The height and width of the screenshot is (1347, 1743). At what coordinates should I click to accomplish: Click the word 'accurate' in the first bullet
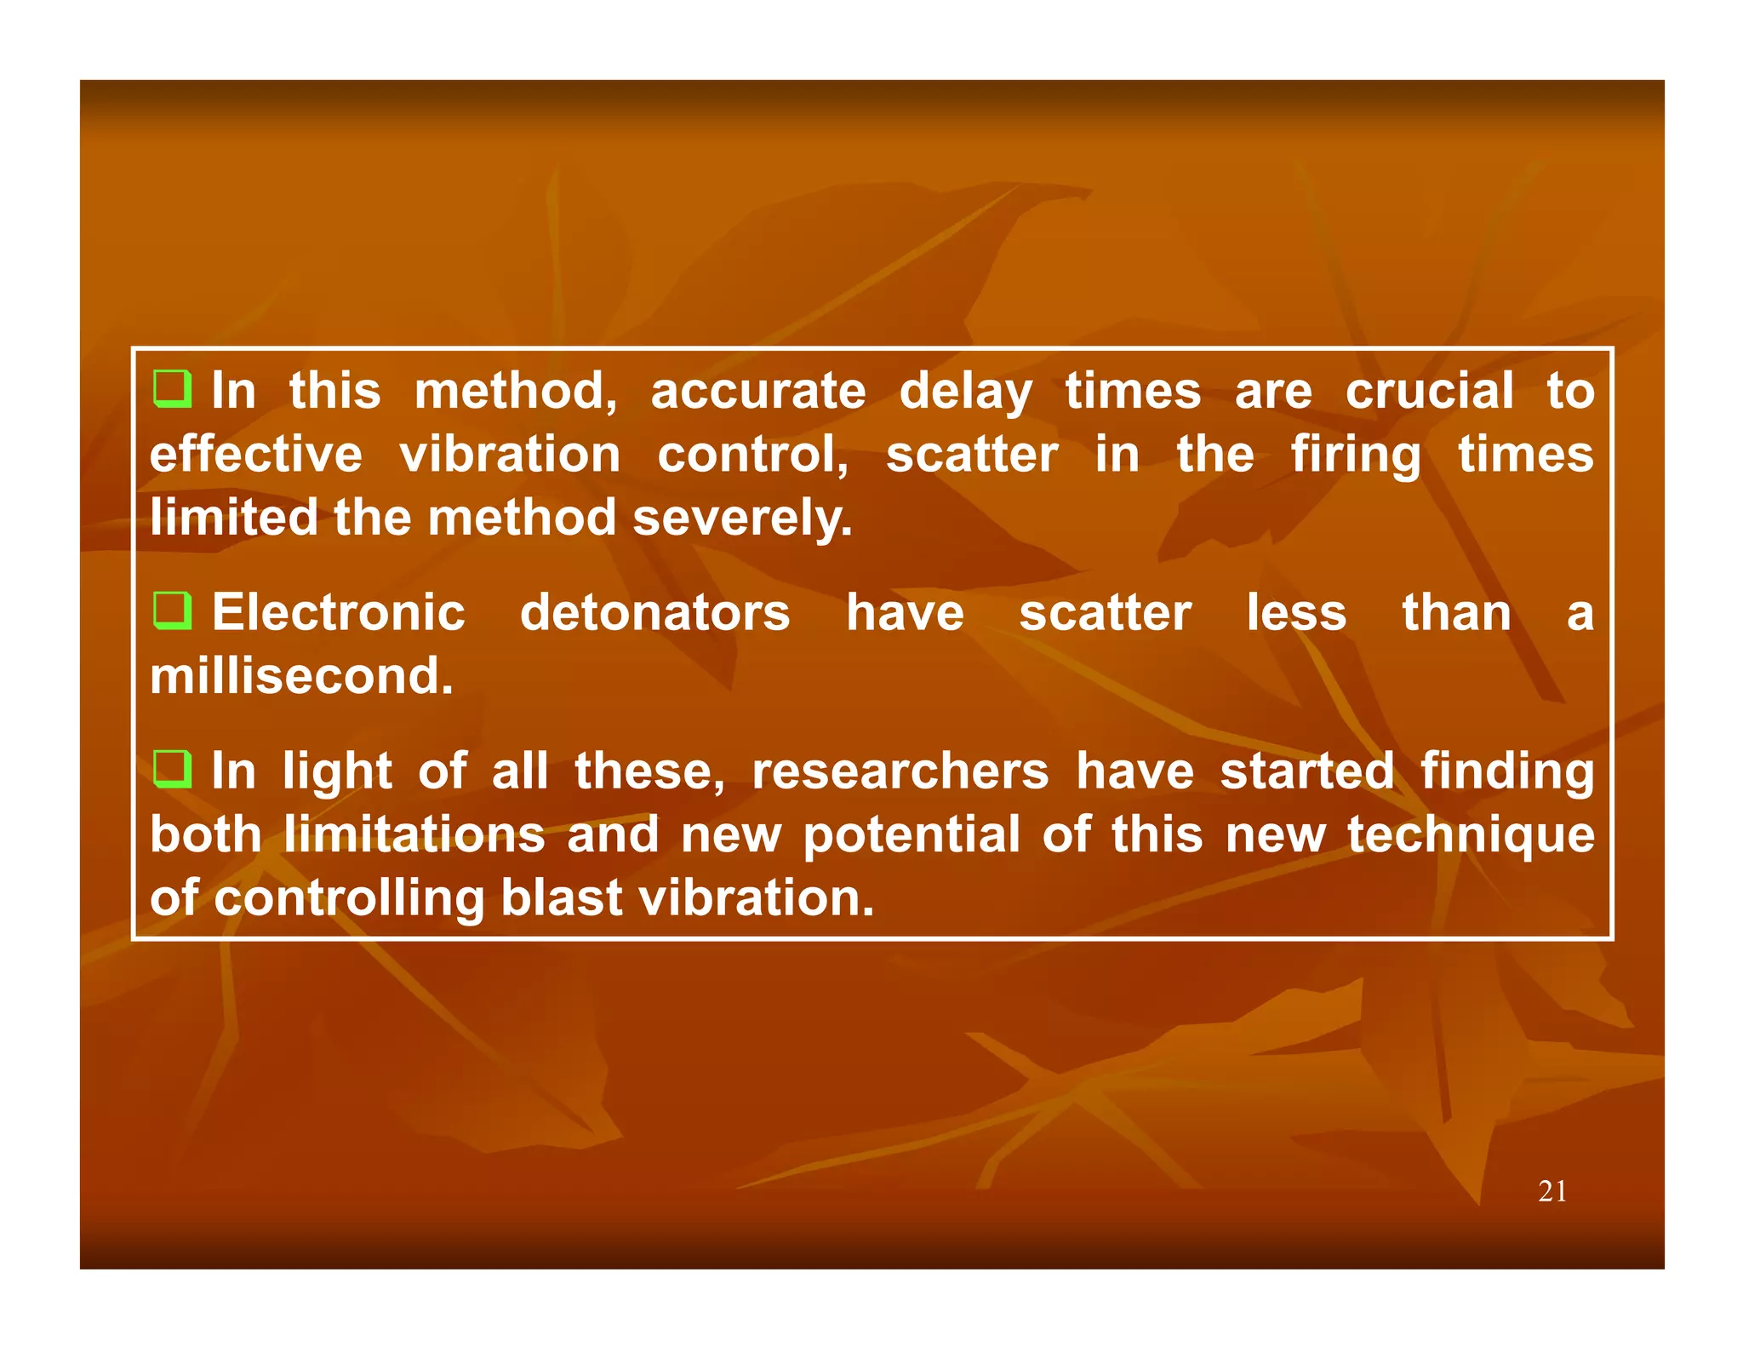coord(757,392)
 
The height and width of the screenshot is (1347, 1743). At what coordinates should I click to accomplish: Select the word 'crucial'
coord(1429,392)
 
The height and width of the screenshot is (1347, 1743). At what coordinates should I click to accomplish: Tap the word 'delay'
coord(965,393)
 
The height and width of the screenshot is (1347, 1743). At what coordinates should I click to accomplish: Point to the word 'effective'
coord(255,455)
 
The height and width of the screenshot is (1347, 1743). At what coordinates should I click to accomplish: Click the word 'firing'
coord(1355,456)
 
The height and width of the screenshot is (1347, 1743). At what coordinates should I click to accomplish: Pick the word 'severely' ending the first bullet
coord(741,519)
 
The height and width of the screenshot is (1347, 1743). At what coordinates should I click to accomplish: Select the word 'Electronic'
coord(338,613)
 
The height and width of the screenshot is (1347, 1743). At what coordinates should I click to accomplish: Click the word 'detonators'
coord(654,613)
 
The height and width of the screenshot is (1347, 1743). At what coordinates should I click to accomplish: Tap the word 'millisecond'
coord(301,676)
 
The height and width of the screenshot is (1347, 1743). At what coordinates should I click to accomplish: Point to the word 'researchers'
coord(900,771)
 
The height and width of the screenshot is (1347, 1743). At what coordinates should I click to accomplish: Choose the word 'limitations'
coord(414,834)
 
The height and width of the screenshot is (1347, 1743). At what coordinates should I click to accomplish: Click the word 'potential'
coord(911,836)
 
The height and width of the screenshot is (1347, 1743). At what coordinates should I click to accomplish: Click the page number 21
coord(1552,1191)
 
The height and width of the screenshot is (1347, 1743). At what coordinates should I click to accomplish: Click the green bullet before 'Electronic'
coord(172,610)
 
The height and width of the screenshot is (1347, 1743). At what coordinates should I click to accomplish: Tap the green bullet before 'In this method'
coord(172,389)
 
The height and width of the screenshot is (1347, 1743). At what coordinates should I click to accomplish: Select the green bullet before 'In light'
coord(172,769)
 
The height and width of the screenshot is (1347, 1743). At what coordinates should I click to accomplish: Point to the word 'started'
coord(1306,771)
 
